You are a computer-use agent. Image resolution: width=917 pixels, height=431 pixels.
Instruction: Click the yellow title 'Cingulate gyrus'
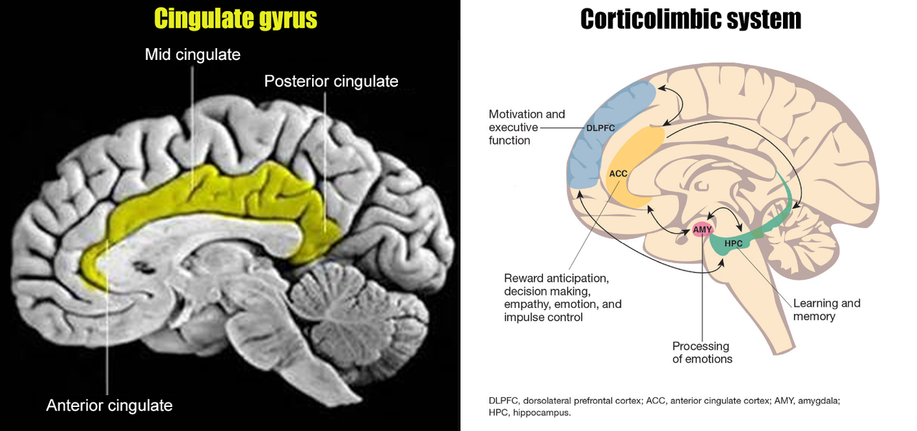pyautogui.click(x=236, y=19)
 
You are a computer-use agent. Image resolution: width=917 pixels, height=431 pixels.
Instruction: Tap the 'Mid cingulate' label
pyautogui.click(x=192, y=54)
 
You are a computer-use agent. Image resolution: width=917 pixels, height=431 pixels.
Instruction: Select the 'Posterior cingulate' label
pyautogui.click(x=331, y=81)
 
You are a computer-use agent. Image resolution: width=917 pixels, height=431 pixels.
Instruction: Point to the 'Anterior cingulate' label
pyautogui.click(x=109, y=406)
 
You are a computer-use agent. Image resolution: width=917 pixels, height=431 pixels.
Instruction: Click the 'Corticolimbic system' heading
pyautogui.click(x=690, y=19)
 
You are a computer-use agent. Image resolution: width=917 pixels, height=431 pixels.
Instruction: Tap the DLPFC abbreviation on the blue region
pyautogui.click(x=599, y=128)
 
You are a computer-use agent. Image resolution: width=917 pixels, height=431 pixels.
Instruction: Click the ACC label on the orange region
pyautogui.click(x=618, y=174)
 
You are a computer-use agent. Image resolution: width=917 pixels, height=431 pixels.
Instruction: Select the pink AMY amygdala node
pyautogui.click(x=702, y=229)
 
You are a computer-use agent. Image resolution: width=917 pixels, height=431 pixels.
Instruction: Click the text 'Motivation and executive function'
pyautogui.click(x=527, y=127)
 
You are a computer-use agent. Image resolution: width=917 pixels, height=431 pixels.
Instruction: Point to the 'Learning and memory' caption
pyautogui.click(x=826, y=310)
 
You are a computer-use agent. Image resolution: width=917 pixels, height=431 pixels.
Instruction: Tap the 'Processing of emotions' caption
pyautogui.click(x=702, y=353)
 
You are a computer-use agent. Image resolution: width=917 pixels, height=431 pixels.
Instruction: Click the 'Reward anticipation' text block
pyautogui.click(x=562, y=297)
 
